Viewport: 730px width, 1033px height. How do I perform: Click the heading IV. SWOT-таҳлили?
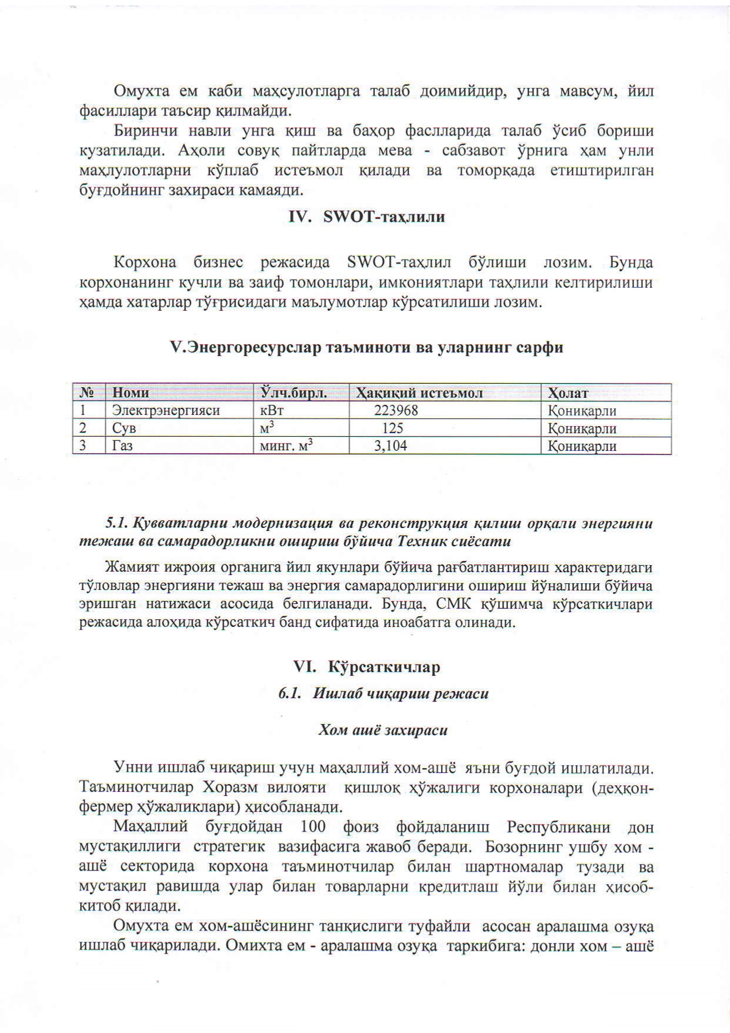click(366, 217)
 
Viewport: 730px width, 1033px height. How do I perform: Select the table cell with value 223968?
click(396, 410)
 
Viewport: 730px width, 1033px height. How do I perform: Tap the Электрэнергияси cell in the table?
click(166, 410)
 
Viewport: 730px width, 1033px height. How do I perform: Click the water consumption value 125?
click(393, 428)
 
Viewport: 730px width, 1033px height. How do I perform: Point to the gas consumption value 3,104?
click(391, 446)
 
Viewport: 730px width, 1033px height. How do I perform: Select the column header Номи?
click(131, 393)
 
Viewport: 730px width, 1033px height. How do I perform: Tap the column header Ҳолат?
click(568, 393)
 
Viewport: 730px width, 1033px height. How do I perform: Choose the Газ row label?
click(122, 446)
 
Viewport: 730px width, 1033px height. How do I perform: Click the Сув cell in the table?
click(124, 428)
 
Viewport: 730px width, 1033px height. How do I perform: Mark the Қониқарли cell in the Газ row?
click(582, 446)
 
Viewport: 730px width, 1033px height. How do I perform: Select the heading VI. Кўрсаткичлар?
click(366, 667)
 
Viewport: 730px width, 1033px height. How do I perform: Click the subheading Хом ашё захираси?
click(383, 730)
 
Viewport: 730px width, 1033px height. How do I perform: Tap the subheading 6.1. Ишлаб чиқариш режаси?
click(383, 693)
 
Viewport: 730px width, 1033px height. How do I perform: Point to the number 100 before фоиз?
click(313, 826)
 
